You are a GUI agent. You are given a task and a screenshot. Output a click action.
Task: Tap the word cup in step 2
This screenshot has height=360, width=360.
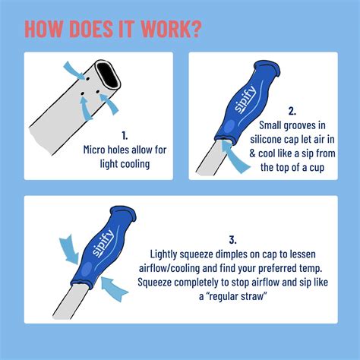click(x=314, y=166)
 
